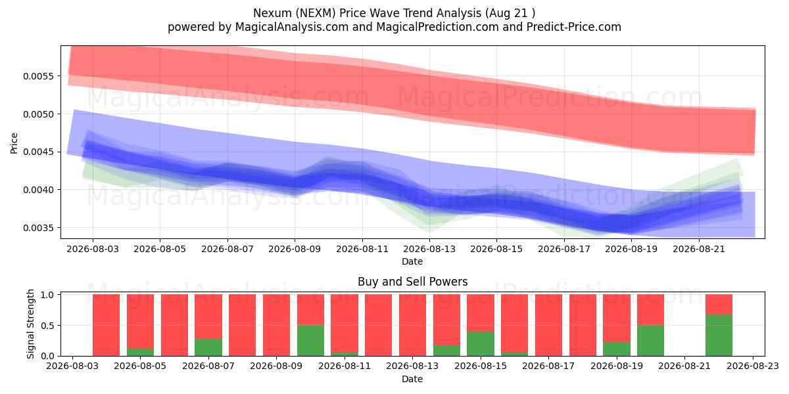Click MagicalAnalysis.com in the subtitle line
(292, 27)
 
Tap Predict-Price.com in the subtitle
(574, 27)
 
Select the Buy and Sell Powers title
(412, 282)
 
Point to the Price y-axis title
(14, 143)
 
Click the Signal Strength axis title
(30, 324)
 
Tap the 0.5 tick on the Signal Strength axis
(47, 326)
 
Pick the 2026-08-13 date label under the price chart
(429, 249)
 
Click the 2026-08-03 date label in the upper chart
(93, 249)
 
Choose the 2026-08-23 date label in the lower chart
(753, 366)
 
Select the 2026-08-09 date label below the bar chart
(276, 366)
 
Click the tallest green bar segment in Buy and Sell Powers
(719, 336)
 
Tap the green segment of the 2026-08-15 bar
(481, 343)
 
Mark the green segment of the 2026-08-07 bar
(208, 347)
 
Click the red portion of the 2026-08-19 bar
(617, 318)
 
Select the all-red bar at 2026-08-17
(549, 325)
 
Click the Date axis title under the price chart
(412, 262)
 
